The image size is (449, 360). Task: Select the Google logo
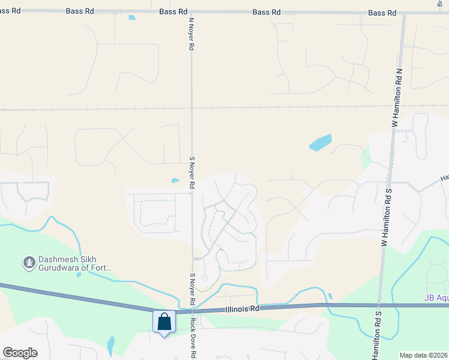click(20, 353)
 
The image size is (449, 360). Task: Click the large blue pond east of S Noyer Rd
click(320, 143)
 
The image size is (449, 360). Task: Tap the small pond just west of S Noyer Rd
click(175, 180)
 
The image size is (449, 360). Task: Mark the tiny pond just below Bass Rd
click(132, 17)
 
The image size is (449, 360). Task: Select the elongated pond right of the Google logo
click(110, 344)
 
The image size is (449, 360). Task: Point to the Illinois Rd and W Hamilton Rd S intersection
click(379, 305)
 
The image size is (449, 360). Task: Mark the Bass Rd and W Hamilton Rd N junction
click(404, 13)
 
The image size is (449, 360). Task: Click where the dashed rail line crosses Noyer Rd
click(192, 109)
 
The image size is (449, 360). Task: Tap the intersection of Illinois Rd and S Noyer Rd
click(192, 311)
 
